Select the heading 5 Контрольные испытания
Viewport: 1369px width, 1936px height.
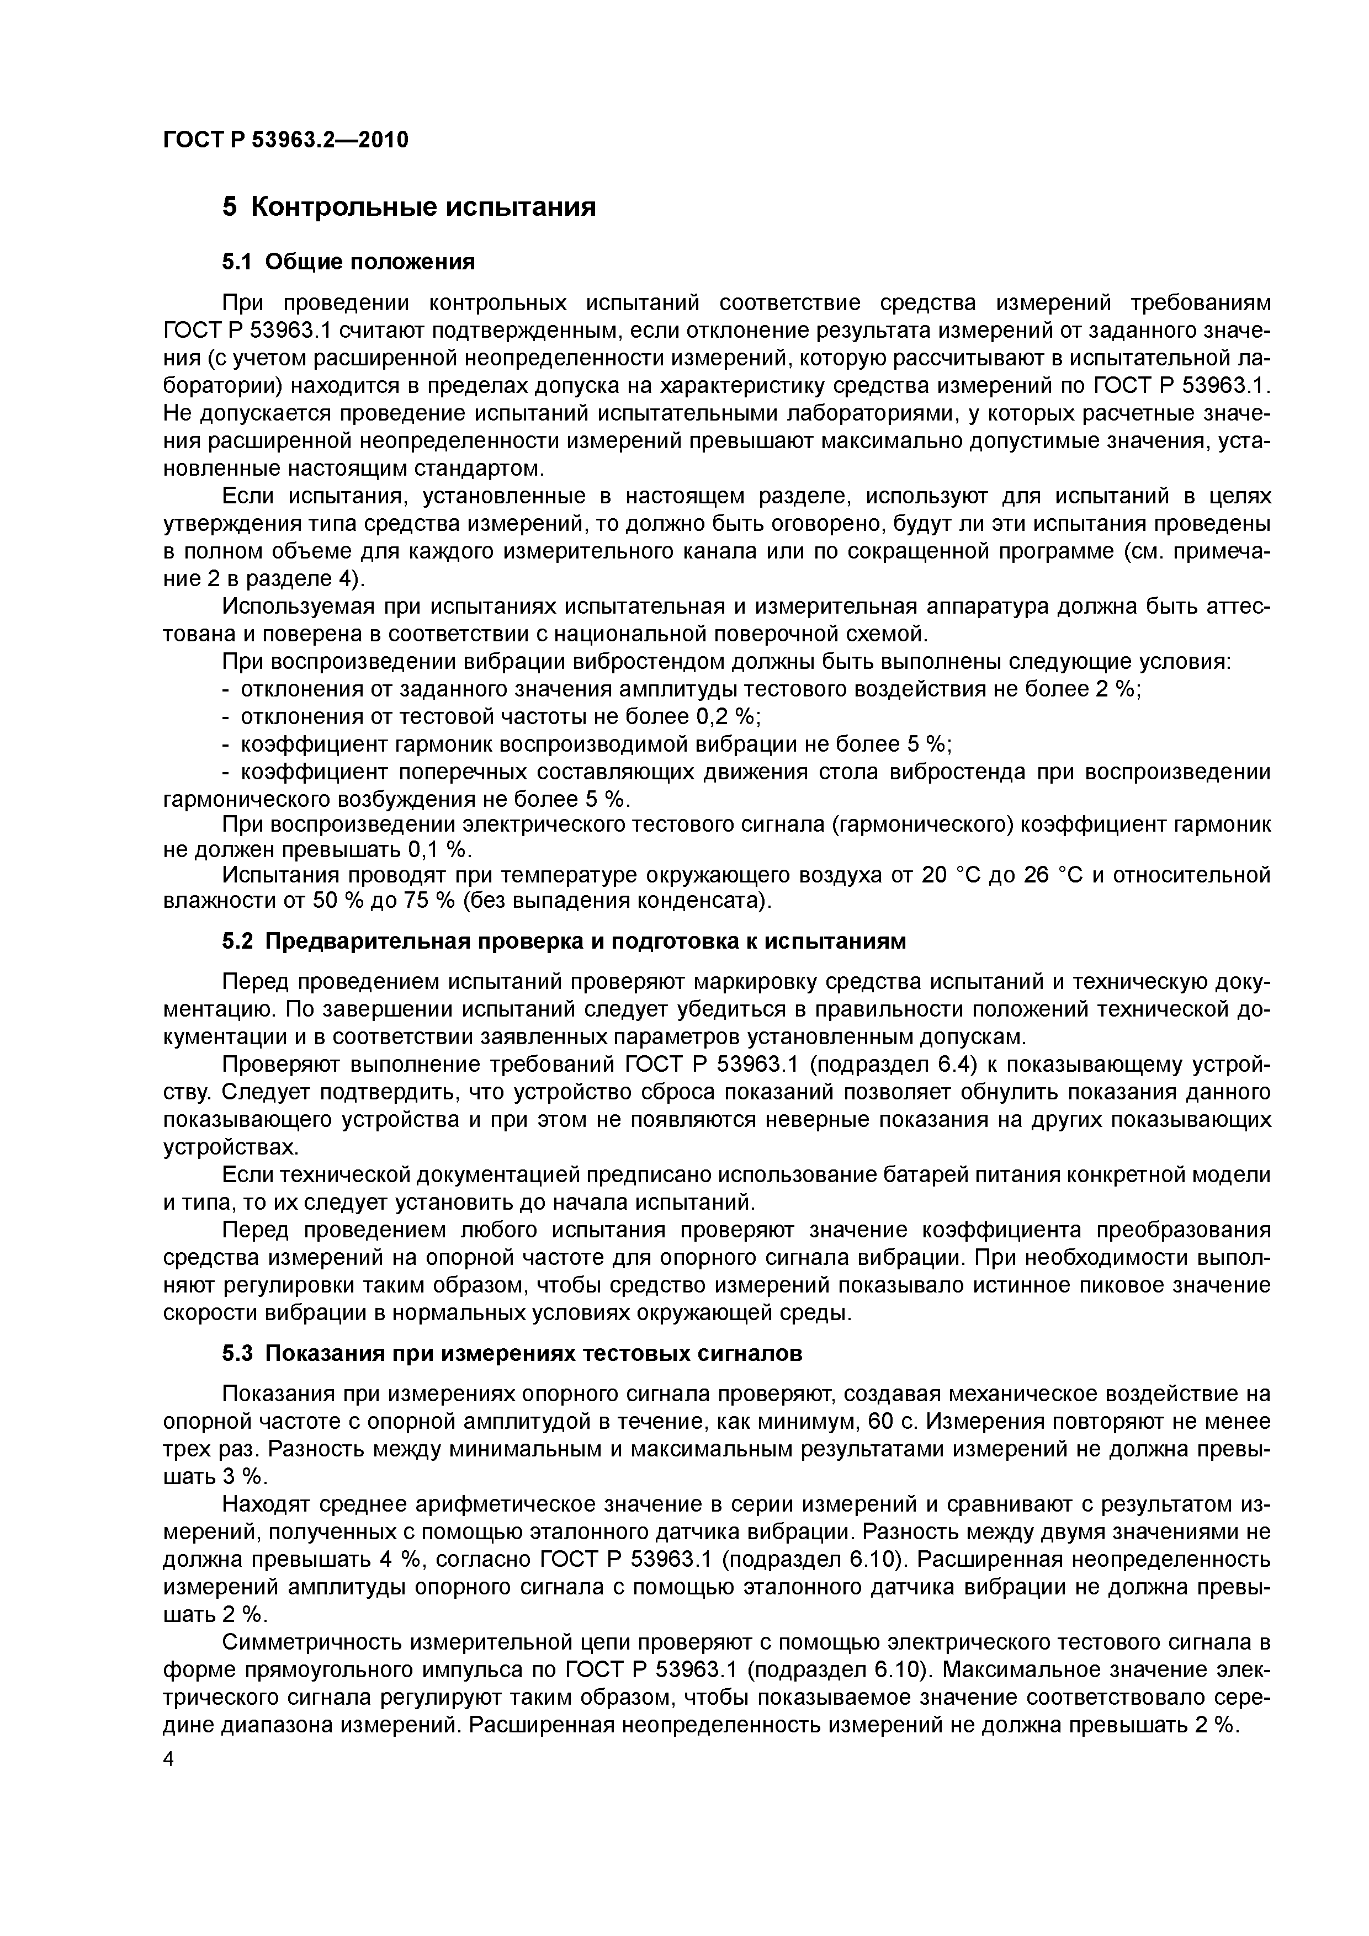(x=408, y=206)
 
